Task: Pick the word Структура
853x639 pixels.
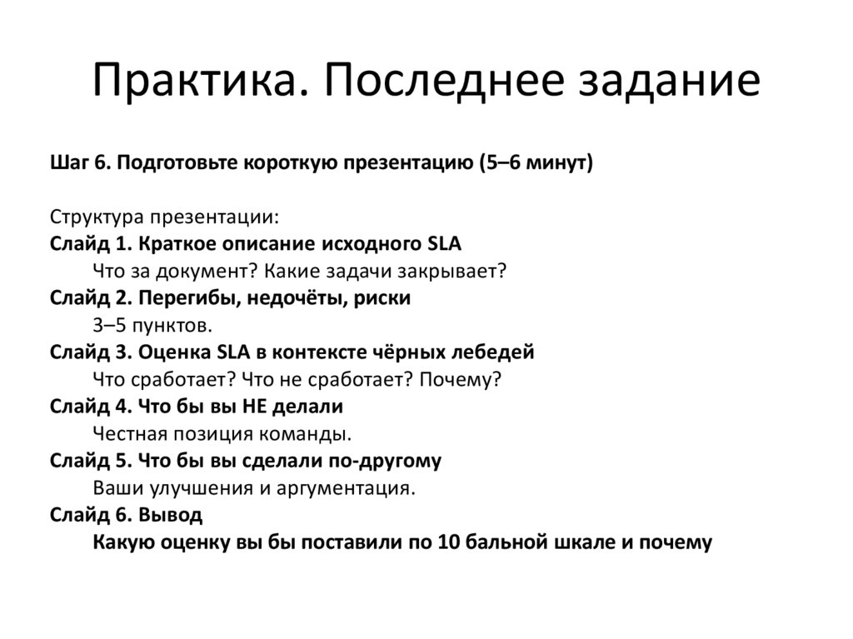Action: click(x=97, y=217)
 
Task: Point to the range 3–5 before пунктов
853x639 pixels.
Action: click(x=114, y=325)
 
